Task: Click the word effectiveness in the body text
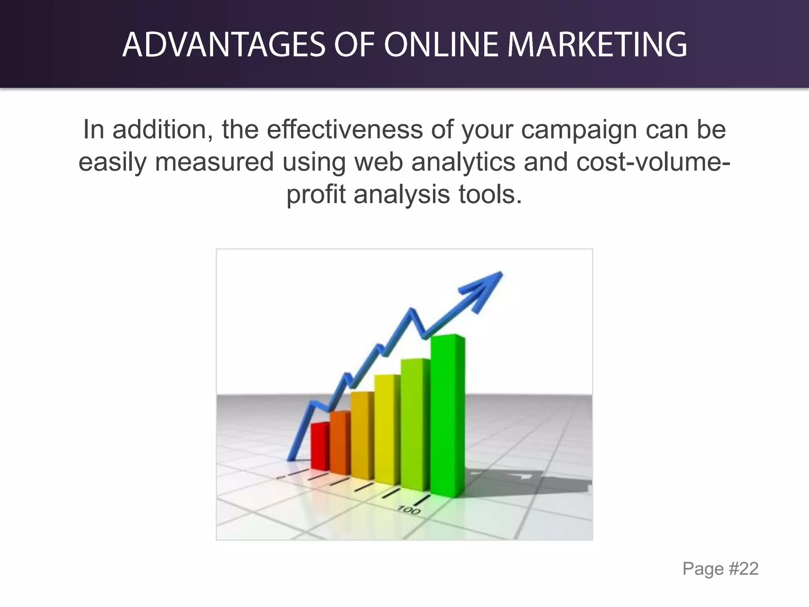point(344,130)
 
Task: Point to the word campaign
point(579,130)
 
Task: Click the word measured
point(214,162)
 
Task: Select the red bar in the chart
point(319,447)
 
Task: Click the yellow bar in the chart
point(386,429)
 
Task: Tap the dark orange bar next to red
point(339,443)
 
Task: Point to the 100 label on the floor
point(408,510)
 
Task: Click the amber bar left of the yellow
point(361,435)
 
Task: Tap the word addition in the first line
point(160,130)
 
